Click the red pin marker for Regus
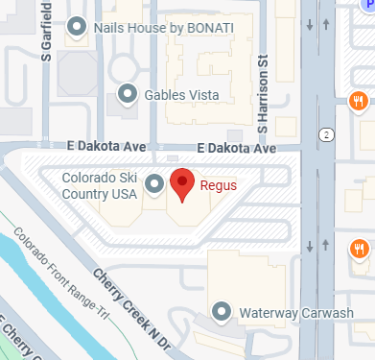(x=182, y=181)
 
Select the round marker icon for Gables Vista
(x=127, y=94)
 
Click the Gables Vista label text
(x=187, y=94)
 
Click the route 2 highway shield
(x=328, y=133)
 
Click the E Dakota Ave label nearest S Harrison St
(x=236, y=149)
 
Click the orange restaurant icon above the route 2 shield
(x=358, y=100)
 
